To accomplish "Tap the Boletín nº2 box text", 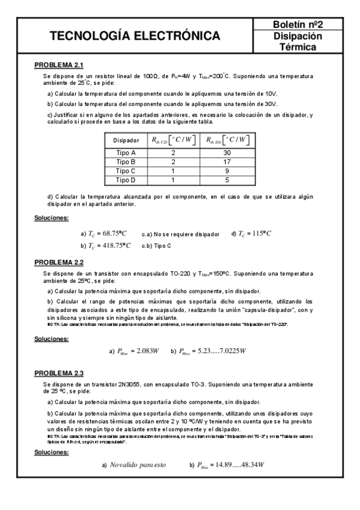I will (298, 25).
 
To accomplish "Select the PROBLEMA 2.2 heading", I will (58, 262).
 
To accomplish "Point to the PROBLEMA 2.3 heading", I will (58, 373).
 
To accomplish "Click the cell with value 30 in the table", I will (228, 153).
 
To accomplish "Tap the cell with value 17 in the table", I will (228, 162).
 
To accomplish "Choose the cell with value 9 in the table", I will (228, 171).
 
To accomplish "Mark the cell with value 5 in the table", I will (228, 180).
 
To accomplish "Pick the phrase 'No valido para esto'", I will (138, 465).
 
